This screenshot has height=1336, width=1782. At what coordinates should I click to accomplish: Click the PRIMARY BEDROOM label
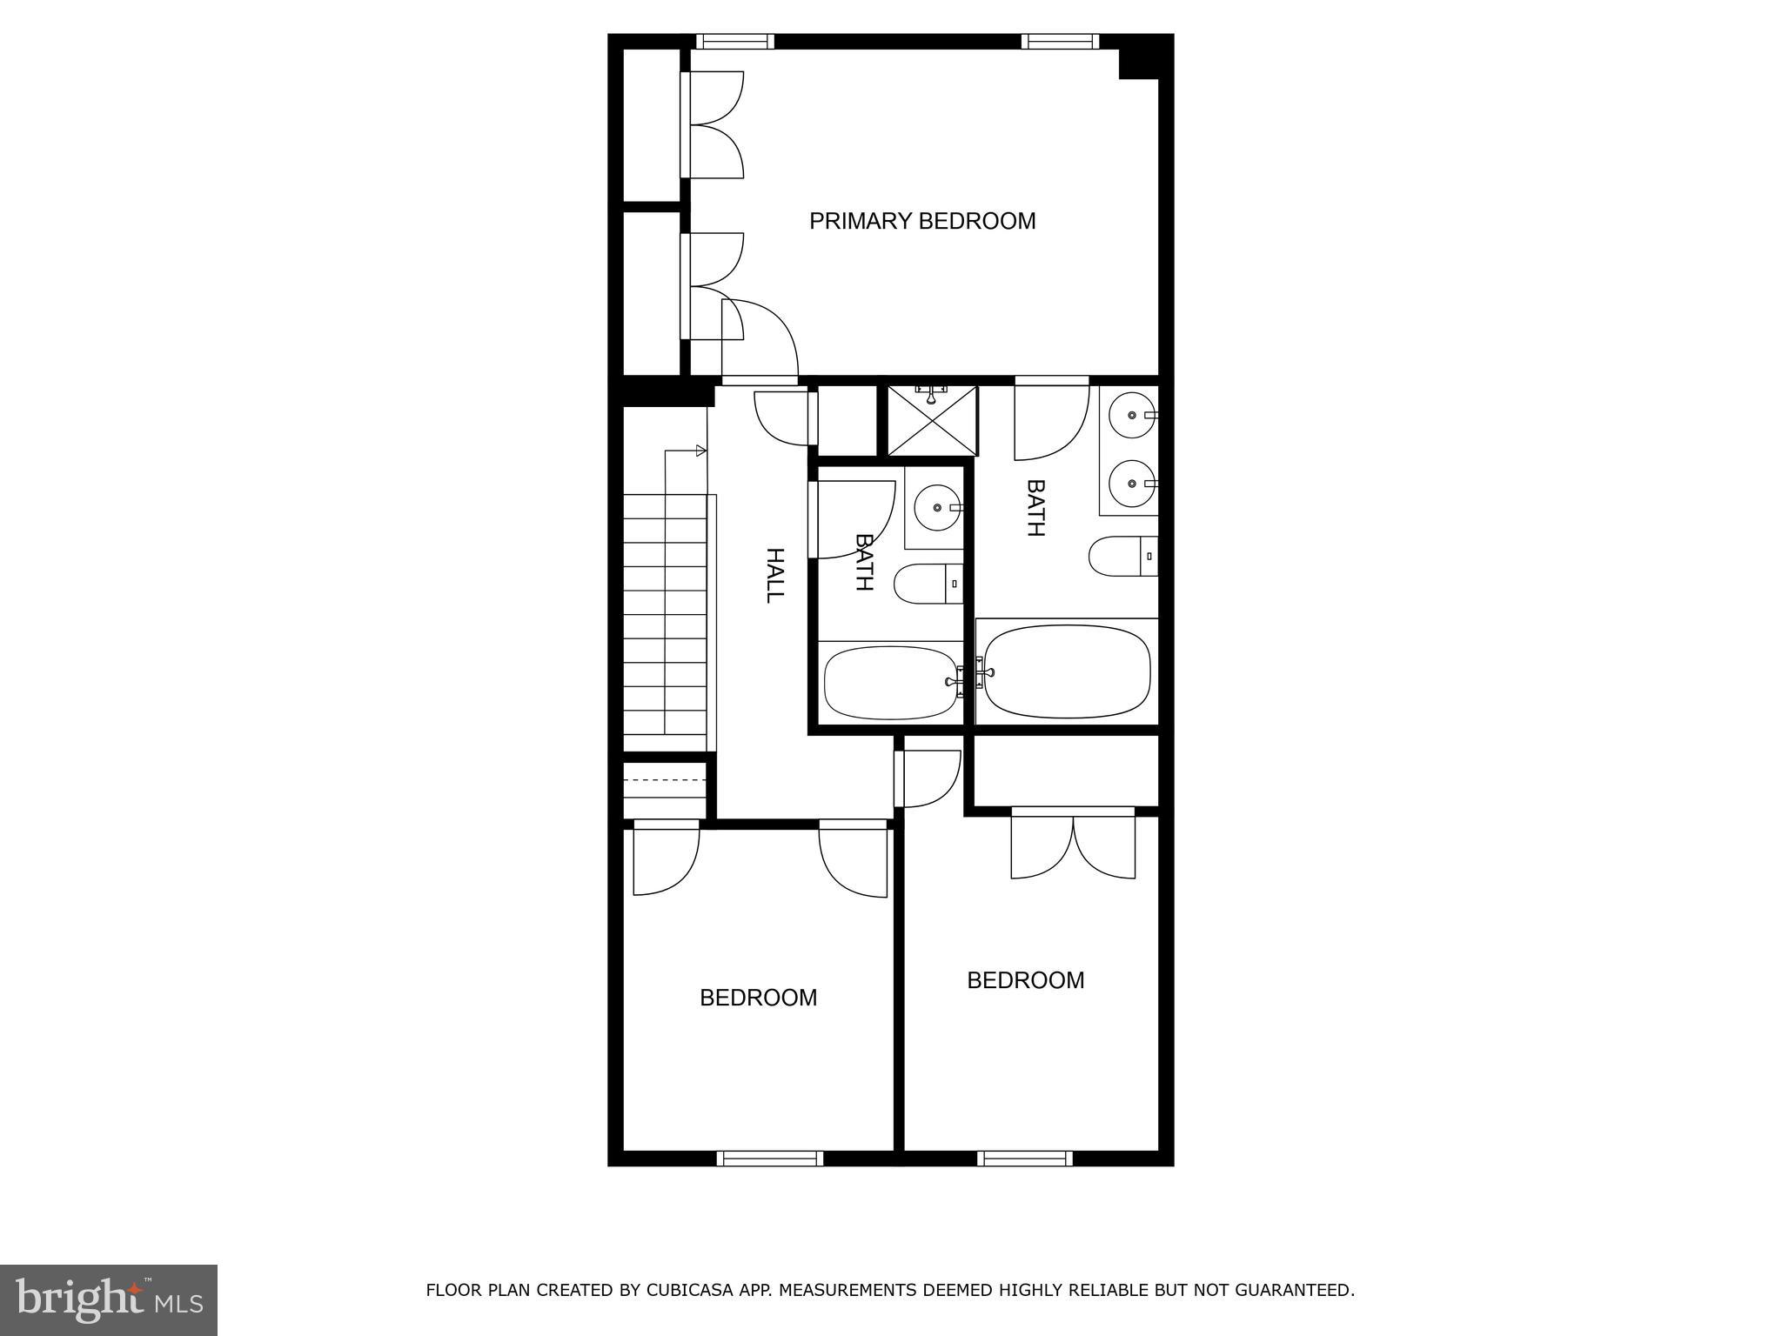tap(922, 221)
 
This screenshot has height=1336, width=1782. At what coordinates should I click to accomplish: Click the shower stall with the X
tap(932, 422)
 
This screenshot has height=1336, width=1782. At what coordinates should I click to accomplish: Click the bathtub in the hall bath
tap(888, 683)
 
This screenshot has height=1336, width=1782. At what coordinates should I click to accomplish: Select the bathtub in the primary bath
tap(1067, 671)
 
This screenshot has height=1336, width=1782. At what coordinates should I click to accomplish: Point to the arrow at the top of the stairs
tap(700, 451)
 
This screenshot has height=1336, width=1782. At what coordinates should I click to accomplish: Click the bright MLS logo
tap(108, 1299)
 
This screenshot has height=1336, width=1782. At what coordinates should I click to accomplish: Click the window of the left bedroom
tap(770, 1158)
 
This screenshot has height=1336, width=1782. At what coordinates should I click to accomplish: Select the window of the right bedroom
tap(1024, 1158)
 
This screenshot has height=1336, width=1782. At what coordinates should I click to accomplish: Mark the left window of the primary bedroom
tap(735, 41)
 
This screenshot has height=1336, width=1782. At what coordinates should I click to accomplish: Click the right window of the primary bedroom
tap(1060, 41)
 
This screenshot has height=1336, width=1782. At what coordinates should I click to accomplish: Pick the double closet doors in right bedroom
tap(1073, 844)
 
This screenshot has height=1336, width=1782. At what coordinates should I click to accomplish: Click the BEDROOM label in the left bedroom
tap(759, 998)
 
